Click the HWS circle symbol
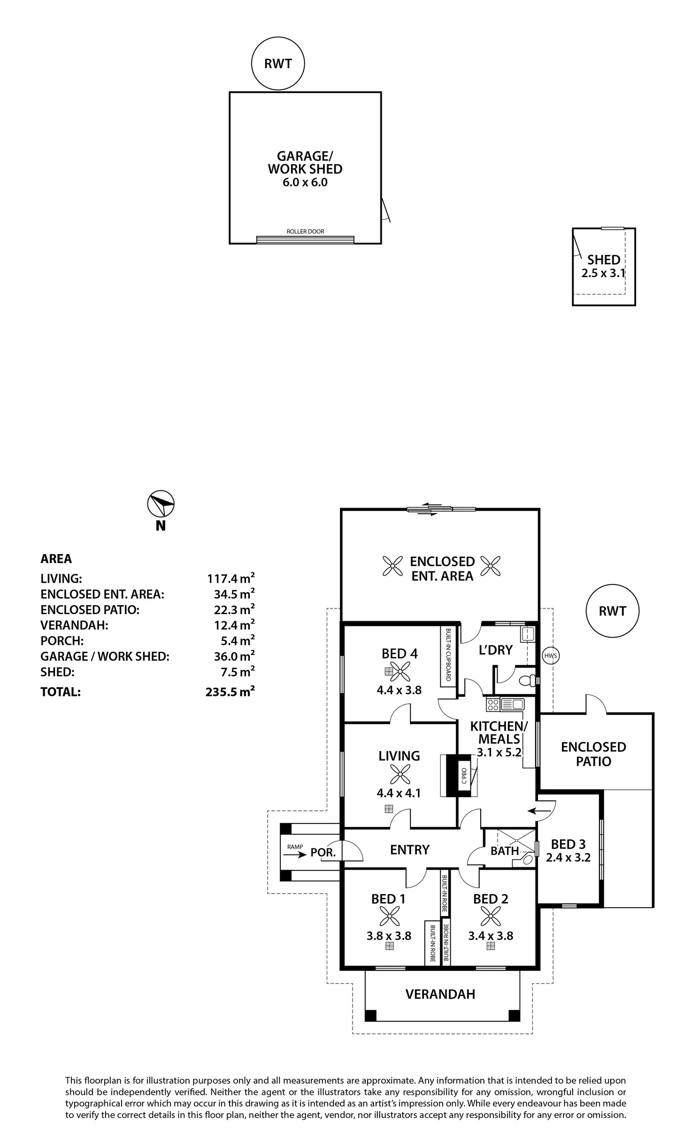coord(551,655)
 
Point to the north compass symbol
coord(161,504)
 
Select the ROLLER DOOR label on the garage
coord(305,231)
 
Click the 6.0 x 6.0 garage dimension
coord(305,183)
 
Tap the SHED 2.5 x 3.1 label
coord(604,266)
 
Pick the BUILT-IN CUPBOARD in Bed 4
coord(448,656)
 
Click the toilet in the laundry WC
coord(530,680)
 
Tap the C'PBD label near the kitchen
coord(464,776)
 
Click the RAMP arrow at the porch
coord(295,855)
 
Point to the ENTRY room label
coord(410,849)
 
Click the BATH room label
coord(505,851)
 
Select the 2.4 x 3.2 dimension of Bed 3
coord(568,858)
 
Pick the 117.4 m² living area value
coord(231,578)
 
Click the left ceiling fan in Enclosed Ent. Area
coord(392,566)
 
